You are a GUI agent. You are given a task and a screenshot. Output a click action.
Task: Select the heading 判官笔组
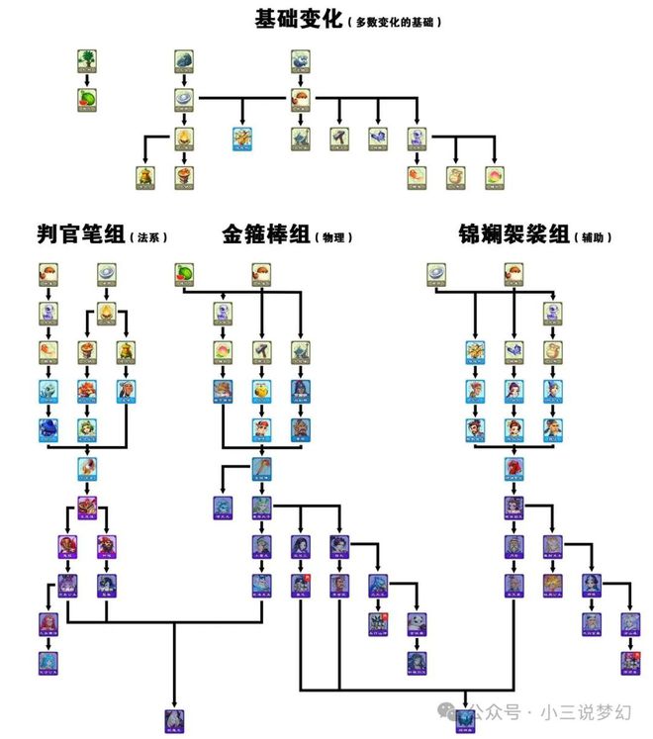[x=80, y=234]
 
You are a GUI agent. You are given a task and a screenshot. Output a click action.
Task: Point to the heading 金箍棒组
[x=265, y=234]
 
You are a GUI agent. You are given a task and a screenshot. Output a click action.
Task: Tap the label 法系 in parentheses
[x=151, y=237]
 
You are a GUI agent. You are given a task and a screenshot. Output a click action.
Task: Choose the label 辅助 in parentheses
[x=596, y=237]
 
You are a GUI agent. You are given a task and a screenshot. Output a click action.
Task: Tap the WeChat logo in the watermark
[x=452, y=710]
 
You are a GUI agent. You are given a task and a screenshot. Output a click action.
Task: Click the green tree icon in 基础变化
[x=87, y=61]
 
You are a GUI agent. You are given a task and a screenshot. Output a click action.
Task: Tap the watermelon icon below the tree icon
[x=87, y=99]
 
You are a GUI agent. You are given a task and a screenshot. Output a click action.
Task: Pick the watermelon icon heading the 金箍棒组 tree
[x=184, y=272]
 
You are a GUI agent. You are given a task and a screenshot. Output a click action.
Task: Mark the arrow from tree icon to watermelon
[x=87, y=81]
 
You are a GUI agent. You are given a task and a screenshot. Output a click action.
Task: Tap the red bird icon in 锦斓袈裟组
[x=513, y=466]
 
